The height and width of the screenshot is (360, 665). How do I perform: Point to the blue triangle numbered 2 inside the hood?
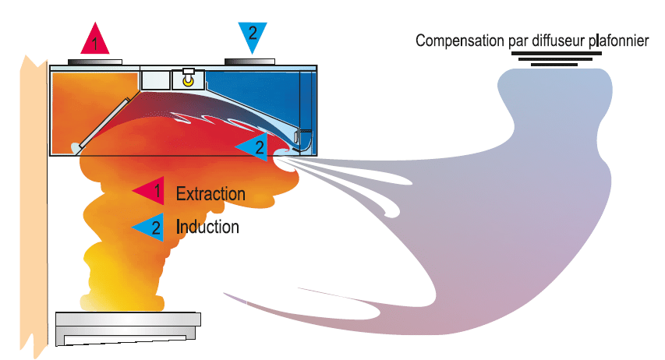point(254,146)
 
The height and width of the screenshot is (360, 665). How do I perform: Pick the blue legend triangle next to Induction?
point(149,227)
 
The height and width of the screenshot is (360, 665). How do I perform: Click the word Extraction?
point(210,193)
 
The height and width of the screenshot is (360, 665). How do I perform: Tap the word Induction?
point(207,227)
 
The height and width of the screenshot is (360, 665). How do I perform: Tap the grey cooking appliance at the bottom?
point(129,328)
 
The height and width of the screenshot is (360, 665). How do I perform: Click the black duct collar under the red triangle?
point(94,60)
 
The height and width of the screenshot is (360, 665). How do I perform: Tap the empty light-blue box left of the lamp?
point(154,79)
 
